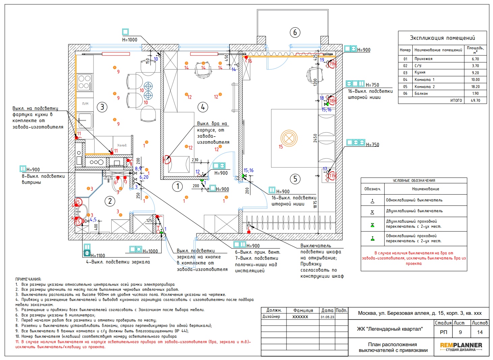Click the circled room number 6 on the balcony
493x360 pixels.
tap(295, 33)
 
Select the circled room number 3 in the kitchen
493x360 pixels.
tap(102, 107)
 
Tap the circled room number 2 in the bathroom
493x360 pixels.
tap(110, 201)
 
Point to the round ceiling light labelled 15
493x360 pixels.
tap(289, 138)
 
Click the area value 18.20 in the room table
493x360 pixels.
tap(475, 87)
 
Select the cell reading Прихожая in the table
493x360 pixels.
tap(423, 59)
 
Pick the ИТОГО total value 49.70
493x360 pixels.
tap(475, 101)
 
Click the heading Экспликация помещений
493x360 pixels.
tap(442, 38)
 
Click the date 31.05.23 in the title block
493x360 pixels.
tap(327, 317)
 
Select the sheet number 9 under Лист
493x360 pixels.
tap(460, 332)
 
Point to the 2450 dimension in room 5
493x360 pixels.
tap(315, 138)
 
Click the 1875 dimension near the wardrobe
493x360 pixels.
tap(315, 204)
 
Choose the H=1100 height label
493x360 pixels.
tap(98, 256)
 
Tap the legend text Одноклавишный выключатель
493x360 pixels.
tap(414, 200)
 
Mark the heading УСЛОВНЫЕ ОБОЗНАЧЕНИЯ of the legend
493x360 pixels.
tap(414, 181)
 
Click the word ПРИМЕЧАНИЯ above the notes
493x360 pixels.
tap(28, 279)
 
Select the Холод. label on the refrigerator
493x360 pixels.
tap(122, 145)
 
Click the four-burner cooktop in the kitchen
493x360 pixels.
tap(84, 82)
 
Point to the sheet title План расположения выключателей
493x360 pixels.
tap(393, 347)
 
